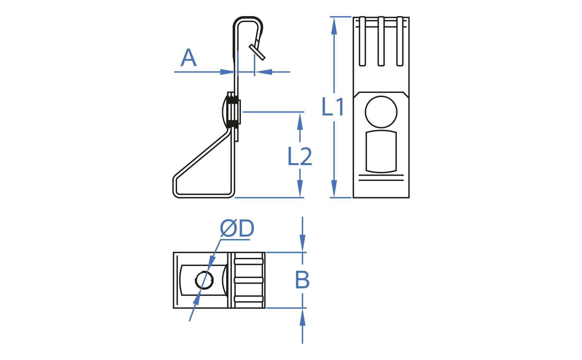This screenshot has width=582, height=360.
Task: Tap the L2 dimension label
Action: click(300, 157)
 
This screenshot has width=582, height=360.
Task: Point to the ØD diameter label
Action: click(237, 229)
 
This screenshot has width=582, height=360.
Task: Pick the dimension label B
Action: click(302, 280)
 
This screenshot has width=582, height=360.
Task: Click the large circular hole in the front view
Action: click(381, 112)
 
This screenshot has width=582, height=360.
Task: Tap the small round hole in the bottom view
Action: click(204, 280)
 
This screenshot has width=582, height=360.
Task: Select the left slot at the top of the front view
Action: click(362, 41)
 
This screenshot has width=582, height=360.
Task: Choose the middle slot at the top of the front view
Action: click(381, 41)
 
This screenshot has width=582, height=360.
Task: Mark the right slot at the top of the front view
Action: click(400, 41)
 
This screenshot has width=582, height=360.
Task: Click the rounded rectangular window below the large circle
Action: click(381, 151)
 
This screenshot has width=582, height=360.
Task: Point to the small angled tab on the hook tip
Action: click(257, 52)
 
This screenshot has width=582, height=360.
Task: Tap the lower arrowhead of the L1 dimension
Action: click(334, 189)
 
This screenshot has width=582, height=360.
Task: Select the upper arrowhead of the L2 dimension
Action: click(300, 121)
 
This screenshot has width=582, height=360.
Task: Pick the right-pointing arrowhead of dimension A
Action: click(228, 72)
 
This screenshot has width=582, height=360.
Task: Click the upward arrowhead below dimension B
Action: click(303, 317)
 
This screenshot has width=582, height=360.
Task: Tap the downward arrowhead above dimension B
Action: click(303, 243)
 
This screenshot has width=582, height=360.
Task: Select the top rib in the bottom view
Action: click(249, 261)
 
